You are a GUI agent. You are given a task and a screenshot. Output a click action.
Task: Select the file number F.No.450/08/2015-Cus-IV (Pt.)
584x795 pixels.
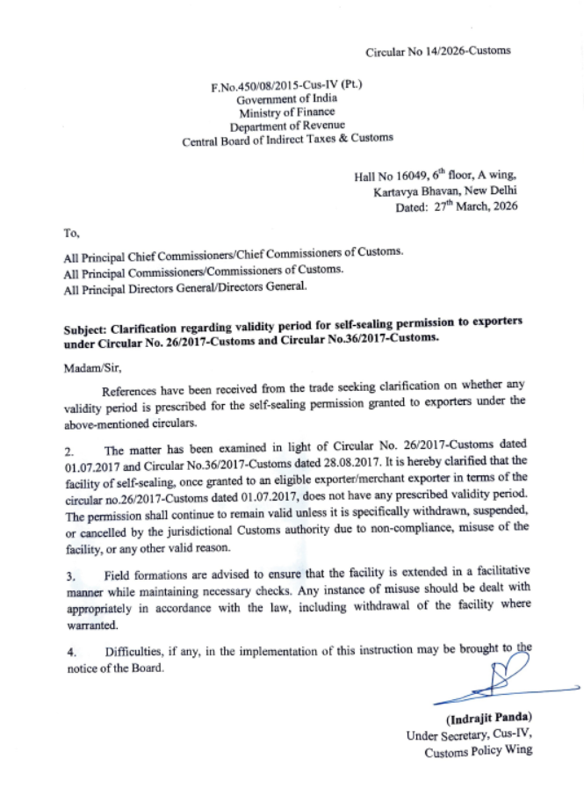pyautogui.click(x=287, y=87)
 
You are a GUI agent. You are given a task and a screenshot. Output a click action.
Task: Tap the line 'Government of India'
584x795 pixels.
pyautogui.click(x=287, y=99)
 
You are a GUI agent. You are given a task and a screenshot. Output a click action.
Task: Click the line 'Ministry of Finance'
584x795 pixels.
pyautogui.click(x=287, y=112)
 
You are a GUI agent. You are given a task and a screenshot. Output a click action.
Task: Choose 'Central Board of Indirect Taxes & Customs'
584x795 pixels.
pyautogui.click(x=287, y=139)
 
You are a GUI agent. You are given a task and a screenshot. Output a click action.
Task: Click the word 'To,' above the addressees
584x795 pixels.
pyautogui.click(x=71, y=234)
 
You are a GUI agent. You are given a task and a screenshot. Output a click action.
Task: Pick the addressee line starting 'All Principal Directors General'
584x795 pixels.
pyautogui.click(x=184, y=286)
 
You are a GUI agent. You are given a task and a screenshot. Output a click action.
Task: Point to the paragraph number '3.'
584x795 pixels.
pyautogui.click(x=69, y=576)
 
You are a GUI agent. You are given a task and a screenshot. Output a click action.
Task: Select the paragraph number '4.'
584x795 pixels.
pyautogui.click(x=69, y=652)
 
